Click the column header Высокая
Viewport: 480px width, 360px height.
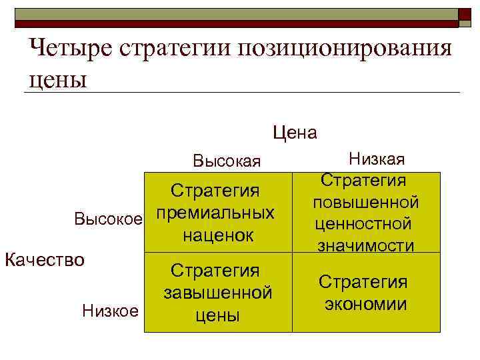click(x=227, y=161)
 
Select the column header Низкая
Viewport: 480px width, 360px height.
click(x=377, y=159)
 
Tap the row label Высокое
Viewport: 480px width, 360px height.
click(x=108, y=218)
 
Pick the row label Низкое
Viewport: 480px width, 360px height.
click(x=110, y=310)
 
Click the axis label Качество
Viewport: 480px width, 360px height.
click(x=45, y=258)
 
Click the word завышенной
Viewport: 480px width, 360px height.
click(x=217, y=293)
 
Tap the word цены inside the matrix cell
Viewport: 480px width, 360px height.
click(x=217, y=315)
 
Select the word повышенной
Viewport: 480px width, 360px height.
click(x=364, y=201)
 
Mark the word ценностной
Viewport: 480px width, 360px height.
click(x=364, y=223)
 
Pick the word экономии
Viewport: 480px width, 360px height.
click(x=366, y=305)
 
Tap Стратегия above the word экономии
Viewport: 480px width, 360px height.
click(x=363, y=282)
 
